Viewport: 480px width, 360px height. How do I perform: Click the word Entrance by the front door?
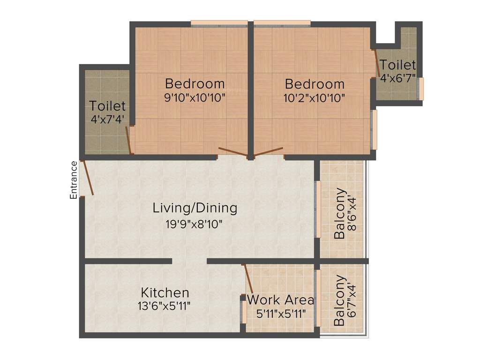tap(74, 180)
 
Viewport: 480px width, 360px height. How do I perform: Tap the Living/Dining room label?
tap(195, 208)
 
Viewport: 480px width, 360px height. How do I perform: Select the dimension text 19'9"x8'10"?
tap(194, 224)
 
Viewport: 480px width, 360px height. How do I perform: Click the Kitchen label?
tap(165, 293)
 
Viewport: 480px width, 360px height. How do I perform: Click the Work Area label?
tap(280, 300)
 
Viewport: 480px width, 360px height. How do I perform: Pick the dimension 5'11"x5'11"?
tap(281, 314)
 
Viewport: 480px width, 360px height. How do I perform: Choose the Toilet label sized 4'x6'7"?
tap(397, 65)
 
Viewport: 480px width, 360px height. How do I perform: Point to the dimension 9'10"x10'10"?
tap(195, 98)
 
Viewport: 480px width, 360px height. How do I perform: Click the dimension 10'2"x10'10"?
tap(315, 98)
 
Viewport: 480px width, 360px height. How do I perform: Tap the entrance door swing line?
tap(87, 178)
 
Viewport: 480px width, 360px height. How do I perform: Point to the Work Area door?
tap(248, 278)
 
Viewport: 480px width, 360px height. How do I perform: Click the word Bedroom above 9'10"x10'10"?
tap(195, 84)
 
